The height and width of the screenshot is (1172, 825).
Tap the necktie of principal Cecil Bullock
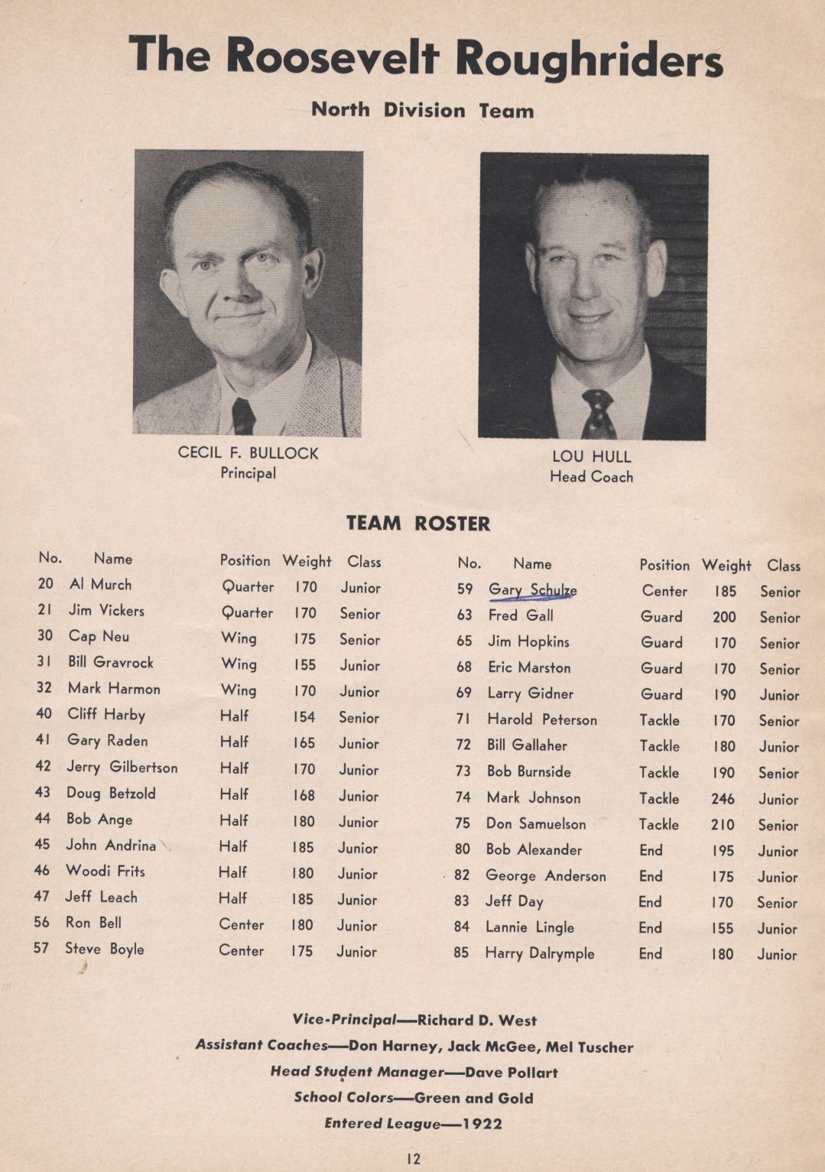coord(243,416)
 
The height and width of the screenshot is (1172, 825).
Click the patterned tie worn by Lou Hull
coord(597,414)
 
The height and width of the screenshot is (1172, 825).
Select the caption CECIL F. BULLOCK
coord(248,453)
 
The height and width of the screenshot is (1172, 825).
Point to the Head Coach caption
coord(591,477)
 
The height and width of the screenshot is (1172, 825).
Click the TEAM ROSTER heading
coord(418,524)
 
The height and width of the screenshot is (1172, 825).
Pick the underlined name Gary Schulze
coord(532,589)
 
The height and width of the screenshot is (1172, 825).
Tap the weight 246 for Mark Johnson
coord(723,799)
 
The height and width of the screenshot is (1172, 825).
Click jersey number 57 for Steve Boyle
coord(41,949)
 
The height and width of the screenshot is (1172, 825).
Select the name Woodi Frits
coord(105,871)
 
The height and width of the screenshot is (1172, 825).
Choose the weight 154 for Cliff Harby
coord(304,717)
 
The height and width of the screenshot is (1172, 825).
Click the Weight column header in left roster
coord(307,561)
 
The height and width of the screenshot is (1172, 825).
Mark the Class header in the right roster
coord(784,566)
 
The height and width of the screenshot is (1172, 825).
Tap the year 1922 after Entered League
coord(482,1123)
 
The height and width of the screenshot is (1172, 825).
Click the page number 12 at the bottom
coord(413,1159)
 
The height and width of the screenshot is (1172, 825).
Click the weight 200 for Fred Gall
coord(724,617)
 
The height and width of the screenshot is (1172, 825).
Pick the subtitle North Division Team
coord(422,110)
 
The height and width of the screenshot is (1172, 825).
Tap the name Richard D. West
coord(477,1020)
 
